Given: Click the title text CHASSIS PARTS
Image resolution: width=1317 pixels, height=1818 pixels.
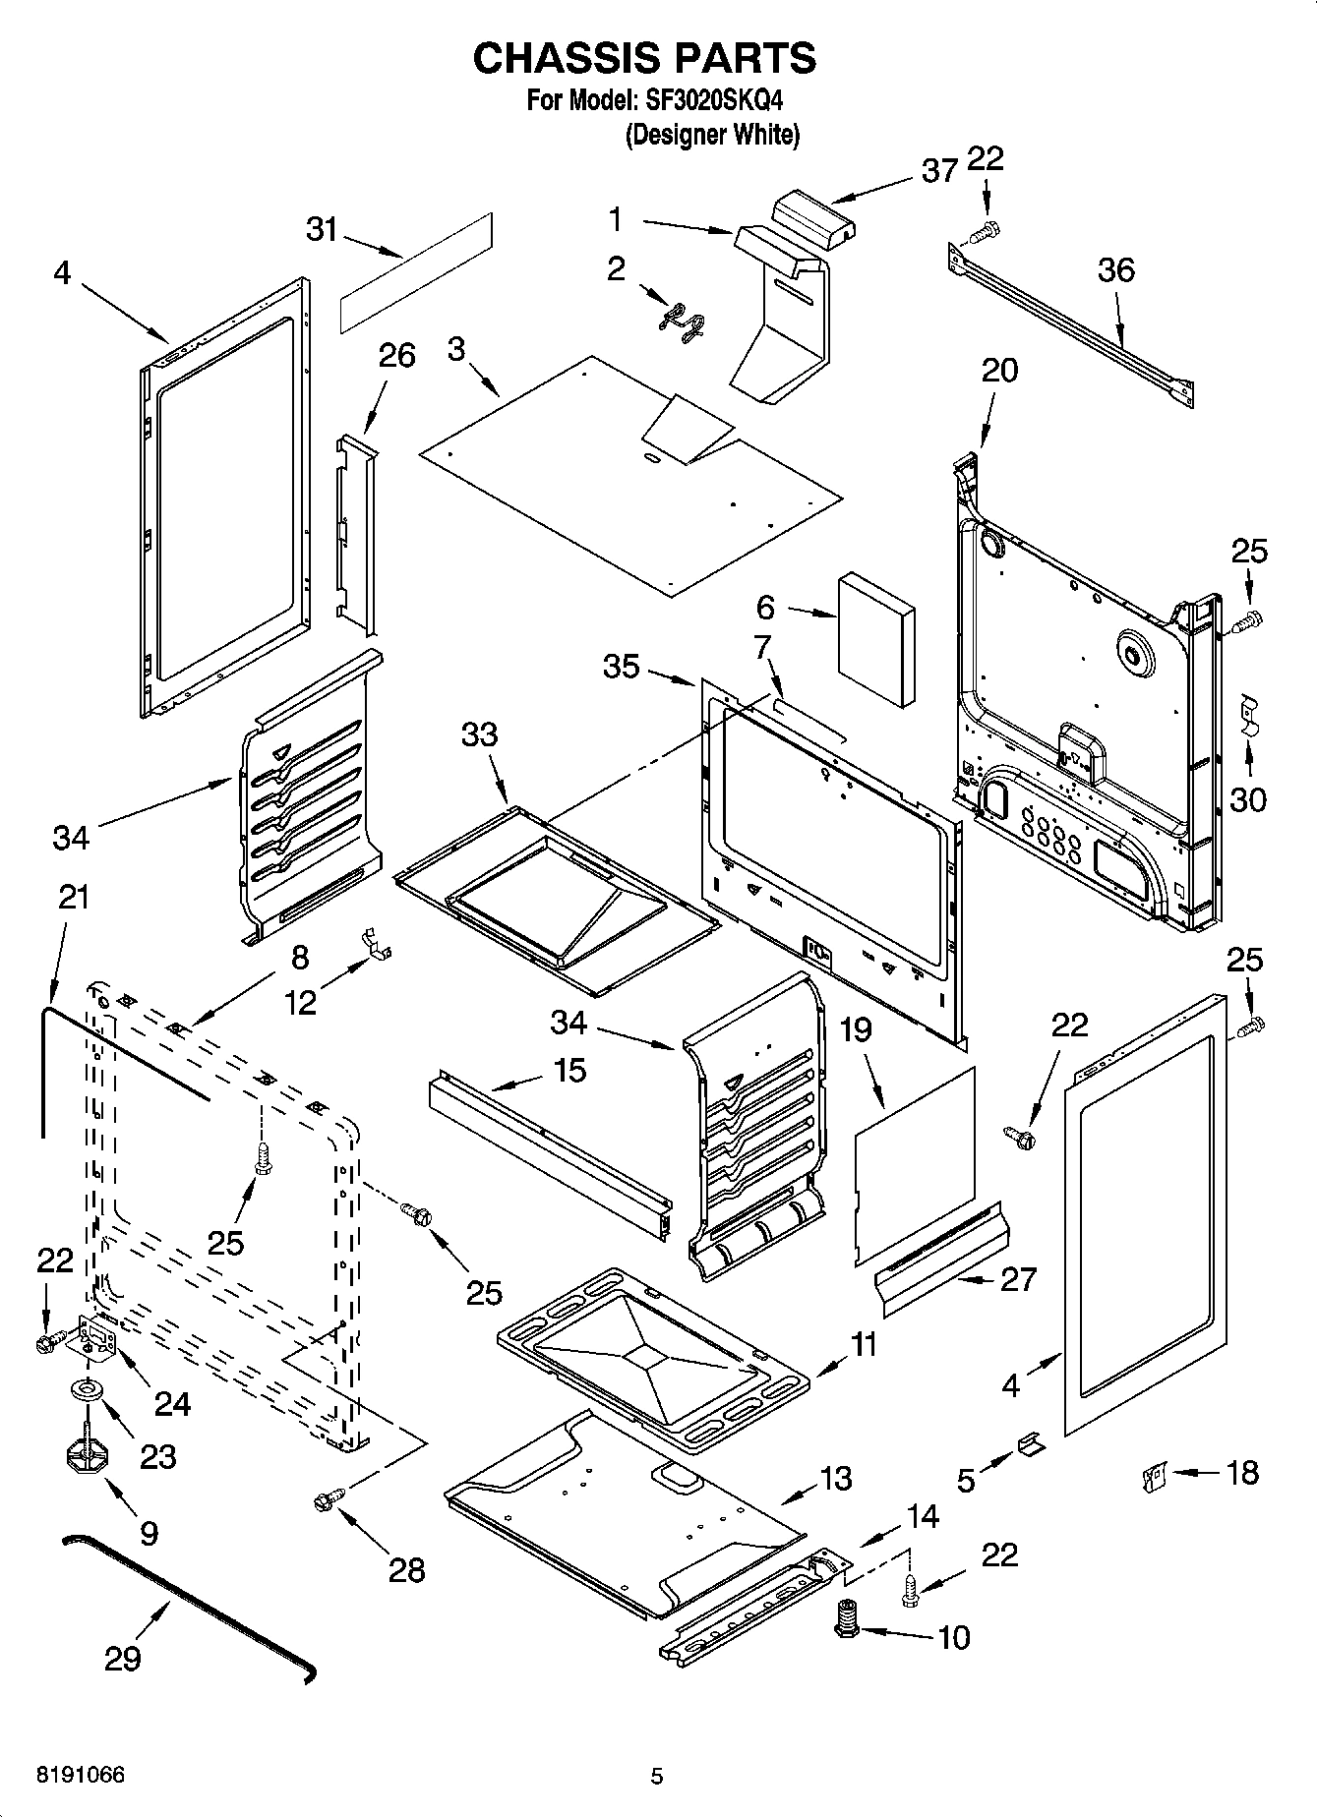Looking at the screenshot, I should click(x=644, y=59).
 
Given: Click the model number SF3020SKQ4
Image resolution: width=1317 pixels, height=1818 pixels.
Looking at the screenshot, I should click(x=715, y=100).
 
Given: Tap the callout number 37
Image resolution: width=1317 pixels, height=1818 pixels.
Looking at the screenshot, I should click(x=939, y=171).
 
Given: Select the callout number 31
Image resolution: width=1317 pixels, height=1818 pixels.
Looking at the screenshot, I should click(x=322, y=229).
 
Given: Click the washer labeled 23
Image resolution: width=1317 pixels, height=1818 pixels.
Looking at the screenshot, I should click(x=88, y=1389).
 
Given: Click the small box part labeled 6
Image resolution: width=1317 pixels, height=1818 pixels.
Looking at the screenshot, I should click(x=875, y=641).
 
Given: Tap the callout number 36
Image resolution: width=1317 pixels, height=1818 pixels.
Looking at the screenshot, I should click(x=1116, y=269).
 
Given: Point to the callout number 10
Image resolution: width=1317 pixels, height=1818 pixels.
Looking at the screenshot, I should click(x=954, y=1637).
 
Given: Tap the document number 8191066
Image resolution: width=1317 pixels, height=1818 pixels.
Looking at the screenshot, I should click(x=81, y=1776).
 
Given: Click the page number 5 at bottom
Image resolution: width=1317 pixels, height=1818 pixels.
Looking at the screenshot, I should click(x=657, y=1776).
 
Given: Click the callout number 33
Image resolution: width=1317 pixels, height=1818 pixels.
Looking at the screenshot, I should click(x=479, y=734).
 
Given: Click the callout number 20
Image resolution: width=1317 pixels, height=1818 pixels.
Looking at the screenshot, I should click(x=999, y=371).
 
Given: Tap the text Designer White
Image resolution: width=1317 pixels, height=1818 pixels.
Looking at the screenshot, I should click(x=713, y=135).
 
